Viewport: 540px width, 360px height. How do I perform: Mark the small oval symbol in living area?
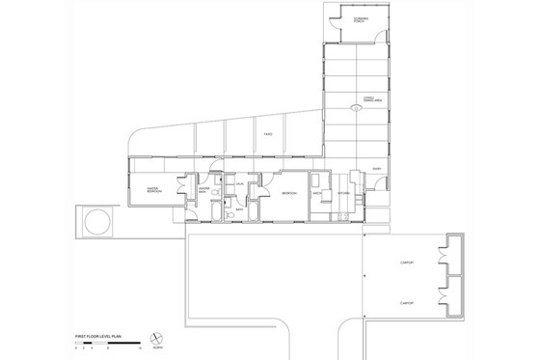pyautogui.click(x=356, y=109)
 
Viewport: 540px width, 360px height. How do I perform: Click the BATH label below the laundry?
pyautogui.click(x=239, y=208)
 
